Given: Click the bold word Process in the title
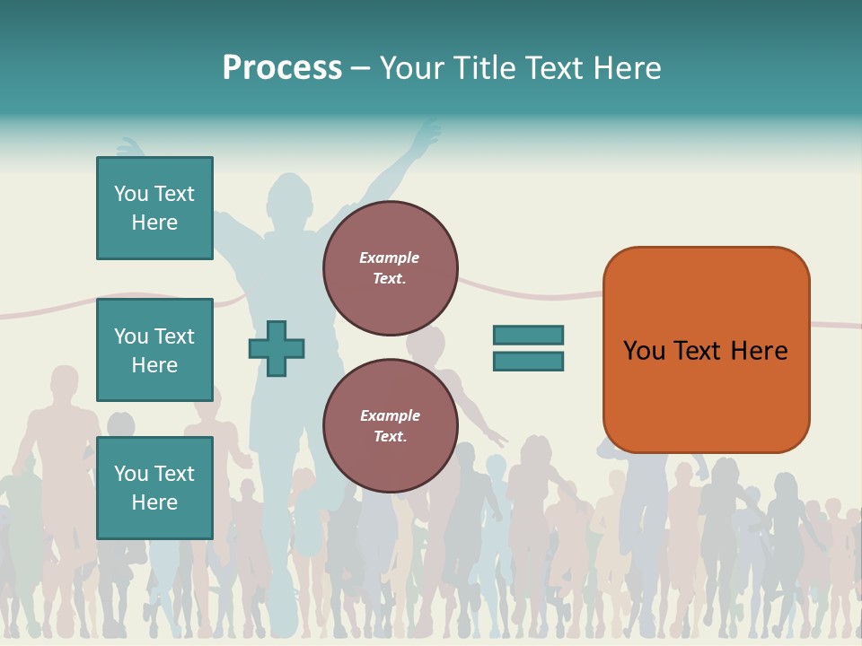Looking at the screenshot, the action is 282,67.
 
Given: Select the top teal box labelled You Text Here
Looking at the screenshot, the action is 154,208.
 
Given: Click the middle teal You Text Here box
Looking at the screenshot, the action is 154,350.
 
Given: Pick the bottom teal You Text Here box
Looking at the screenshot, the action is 154,488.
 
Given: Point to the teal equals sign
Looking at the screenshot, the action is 528,348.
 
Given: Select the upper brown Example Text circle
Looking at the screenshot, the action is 391,268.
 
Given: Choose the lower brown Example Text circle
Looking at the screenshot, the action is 391,425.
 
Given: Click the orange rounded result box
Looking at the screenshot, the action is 706,350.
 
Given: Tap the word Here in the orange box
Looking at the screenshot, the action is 759,351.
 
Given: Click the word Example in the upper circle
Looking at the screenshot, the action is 389,258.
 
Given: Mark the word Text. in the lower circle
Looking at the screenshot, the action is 391,437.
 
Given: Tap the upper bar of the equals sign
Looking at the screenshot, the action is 528,335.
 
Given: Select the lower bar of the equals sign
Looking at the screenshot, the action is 528,362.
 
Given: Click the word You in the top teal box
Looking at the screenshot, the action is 131,194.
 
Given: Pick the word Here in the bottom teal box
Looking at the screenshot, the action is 154,502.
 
